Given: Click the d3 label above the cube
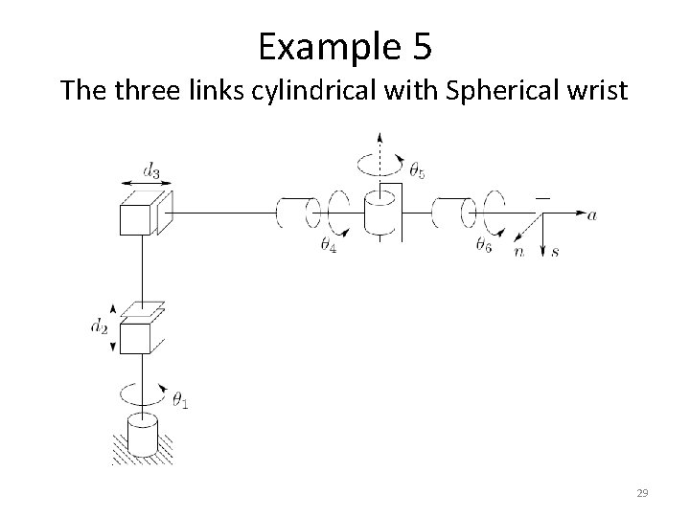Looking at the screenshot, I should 151,170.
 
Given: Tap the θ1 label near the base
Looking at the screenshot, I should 179,401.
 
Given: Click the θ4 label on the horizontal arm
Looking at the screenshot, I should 329,246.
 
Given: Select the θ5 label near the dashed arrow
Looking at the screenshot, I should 417,172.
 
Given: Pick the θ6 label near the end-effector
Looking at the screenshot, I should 484,246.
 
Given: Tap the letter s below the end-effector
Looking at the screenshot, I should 556,251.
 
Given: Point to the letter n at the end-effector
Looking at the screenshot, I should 518,252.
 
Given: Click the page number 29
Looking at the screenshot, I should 643,492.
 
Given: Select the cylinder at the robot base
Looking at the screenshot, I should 142,438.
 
